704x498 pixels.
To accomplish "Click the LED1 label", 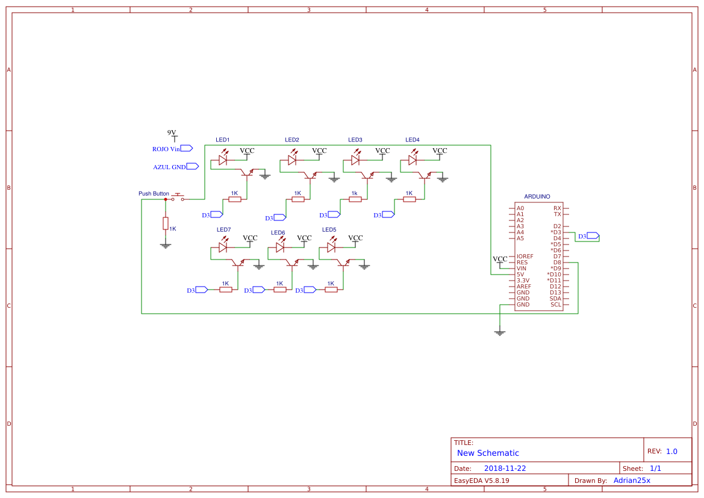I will (223, 140).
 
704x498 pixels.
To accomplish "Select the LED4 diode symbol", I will (413, 160).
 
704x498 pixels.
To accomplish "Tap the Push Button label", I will (154, 194).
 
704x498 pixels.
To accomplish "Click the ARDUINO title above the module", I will (537, 196).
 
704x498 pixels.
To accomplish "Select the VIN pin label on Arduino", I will (522, 269).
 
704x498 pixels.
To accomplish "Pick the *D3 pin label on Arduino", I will (555, 232).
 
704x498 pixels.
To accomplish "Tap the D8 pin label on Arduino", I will (557, 263).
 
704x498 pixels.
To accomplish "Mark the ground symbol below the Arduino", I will (499, 331).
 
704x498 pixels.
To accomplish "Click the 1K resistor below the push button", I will (166, 223).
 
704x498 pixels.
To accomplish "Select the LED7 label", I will (223, 230).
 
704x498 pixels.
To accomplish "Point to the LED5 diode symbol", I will (331, 247).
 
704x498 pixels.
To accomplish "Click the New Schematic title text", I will (488, 453).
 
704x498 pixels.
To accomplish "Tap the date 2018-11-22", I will (505, 468).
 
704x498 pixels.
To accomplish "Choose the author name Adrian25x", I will (632, 481).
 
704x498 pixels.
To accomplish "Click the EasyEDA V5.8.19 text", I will (482, 481).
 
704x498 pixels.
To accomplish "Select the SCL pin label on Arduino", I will (555, 305).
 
